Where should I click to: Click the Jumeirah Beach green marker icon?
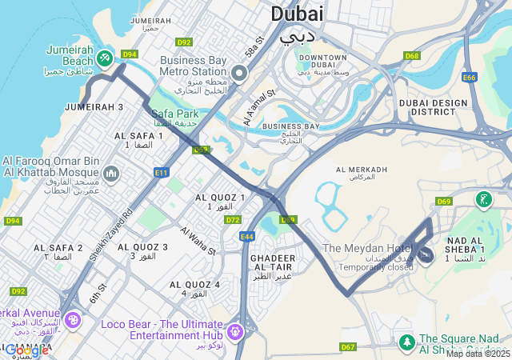[x=105, y=58]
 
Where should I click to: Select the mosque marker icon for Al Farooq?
[x=111, y=174]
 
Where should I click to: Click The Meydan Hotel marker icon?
[x=426, y=255]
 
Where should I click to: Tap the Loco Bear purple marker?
[x=234, y=330]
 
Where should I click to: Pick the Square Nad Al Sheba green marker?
[x=406, y=342]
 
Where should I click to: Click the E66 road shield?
[x=470, y=77]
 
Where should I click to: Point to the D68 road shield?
[x=412, y=56]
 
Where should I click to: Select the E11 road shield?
[x=162, y=172]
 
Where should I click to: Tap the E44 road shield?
[x=246, y=237]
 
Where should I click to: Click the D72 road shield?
[x=233, y=219]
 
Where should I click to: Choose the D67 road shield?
[x=348, y=346]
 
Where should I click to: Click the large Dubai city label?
[x=297, y=14]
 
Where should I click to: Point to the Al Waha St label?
[x=198, y=241]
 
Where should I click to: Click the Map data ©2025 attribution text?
[x=478, y=354]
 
